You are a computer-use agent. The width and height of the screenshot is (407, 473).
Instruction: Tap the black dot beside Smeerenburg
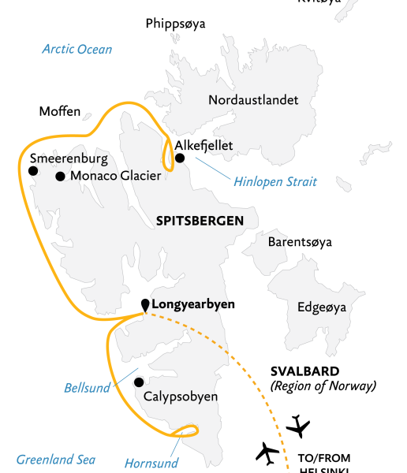[x=33, y=170]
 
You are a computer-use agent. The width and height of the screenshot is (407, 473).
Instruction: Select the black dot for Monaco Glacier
[x=60, y=177]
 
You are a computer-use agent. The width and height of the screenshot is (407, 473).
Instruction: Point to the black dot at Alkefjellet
[x=180, y=158]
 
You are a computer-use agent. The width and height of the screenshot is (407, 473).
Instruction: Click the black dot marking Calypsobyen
[x=139, y=382]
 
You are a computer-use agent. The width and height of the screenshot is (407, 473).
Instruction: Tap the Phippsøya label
[x=175, y=24]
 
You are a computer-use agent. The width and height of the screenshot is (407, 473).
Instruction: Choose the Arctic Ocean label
[x=77, y=49]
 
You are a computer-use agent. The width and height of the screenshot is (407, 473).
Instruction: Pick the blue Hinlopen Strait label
[x=275, y=182]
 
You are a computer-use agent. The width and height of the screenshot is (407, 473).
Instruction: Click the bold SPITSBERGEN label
[x=199, y=221]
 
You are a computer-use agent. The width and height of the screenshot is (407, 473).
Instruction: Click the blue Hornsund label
[x=151, y=463]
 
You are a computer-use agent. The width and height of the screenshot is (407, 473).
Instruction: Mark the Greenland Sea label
[x=56, y=460]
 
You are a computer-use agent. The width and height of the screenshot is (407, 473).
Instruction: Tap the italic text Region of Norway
[x=323, y=386]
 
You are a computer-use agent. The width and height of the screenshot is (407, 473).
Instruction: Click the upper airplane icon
[x=298, y=426]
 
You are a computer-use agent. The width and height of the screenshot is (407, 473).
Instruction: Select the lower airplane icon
[x=267, y=453]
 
